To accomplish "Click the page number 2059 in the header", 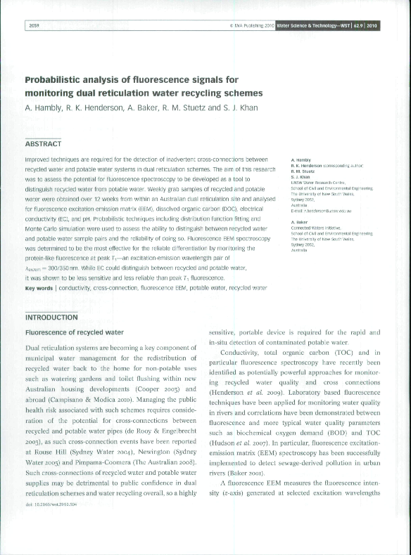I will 34,26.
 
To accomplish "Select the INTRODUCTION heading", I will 51,318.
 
